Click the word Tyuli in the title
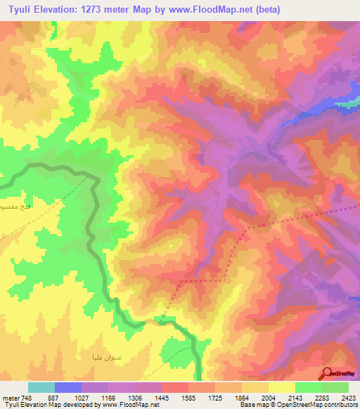[x=20, y=10]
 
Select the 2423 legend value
[x=349, y=398]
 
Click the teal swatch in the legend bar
[x=41, y=387]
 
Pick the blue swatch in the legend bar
[x=68, y=387]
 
